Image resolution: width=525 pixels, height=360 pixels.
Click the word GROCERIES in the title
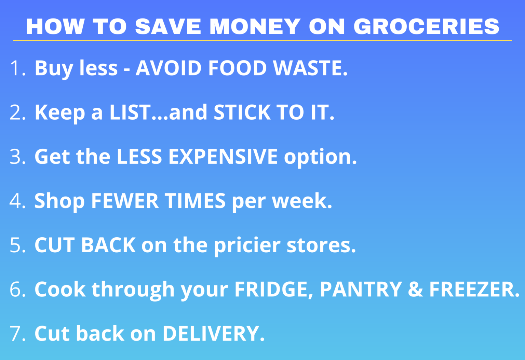click(426, 27)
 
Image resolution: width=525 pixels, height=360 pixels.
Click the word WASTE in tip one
click(310, 68)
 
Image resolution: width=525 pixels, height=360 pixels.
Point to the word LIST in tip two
click(130, 112)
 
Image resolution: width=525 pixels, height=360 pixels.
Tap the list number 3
click(17, 157)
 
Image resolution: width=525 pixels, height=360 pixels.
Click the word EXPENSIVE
click(223, 157)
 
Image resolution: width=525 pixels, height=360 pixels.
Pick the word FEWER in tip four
click(124, 201)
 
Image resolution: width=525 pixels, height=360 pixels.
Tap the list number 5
click(17, 245)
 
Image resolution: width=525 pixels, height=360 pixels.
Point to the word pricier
click(247, 245)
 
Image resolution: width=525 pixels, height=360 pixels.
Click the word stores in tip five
click(321, 245)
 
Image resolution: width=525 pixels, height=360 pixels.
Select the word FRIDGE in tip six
click(273, 289)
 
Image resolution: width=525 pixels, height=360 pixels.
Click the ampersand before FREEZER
click(416, 289)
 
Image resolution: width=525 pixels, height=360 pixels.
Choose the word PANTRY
click(361, 289)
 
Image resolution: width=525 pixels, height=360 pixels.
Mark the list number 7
click(17, 333)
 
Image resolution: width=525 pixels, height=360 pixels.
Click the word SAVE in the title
click(168, 27)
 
